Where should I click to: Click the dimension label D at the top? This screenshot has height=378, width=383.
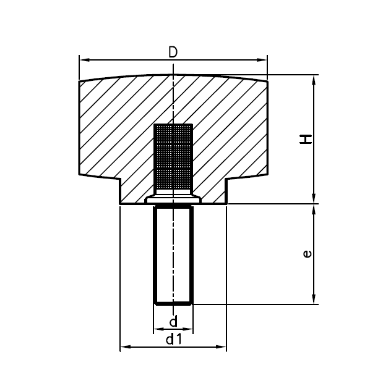pos(173,52)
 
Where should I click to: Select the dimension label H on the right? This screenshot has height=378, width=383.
pos(306,140)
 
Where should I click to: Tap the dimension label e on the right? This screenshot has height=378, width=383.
pos(308,254)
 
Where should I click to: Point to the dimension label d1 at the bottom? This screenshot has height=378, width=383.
pos(174,339)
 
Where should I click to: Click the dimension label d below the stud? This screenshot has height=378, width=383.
pos(173,321)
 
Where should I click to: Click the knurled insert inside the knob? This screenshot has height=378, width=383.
pos(173,157)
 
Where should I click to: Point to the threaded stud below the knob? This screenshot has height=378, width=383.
pos(173,253)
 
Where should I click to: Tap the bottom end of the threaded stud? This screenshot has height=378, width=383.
pos(173,303)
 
